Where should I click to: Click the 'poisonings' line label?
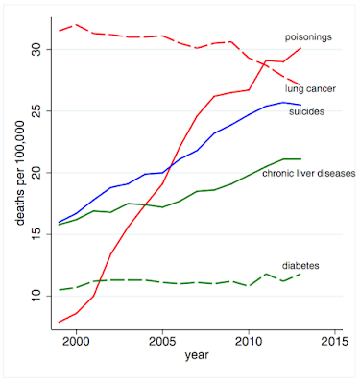click(x=308, y=37)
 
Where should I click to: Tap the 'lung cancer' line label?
click(x=310, y=88)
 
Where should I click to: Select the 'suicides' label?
click(x=306, y=111)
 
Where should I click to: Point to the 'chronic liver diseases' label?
click(x=309, y=173)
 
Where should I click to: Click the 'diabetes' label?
click(x=300, y=266)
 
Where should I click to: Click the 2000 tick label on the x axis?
click(x=76, y=341)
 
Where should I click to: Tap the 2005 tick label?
click(x=162, y=341)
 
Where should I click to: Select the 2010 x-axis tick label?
click(x=249, y=341)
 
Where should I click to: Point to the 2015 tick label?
click(x=335, y=341)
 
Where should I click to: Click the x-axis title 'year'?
click(x=197, y=355)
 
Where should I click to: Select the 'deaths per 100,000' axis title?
click(x=20, y=173)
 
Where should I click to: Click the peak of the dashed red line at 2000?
click(x=76, y=24)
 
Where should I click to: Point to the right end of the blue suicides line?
click(x=300, y=105)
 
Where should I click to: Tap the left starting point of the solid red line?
click(x=60, y=322)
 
